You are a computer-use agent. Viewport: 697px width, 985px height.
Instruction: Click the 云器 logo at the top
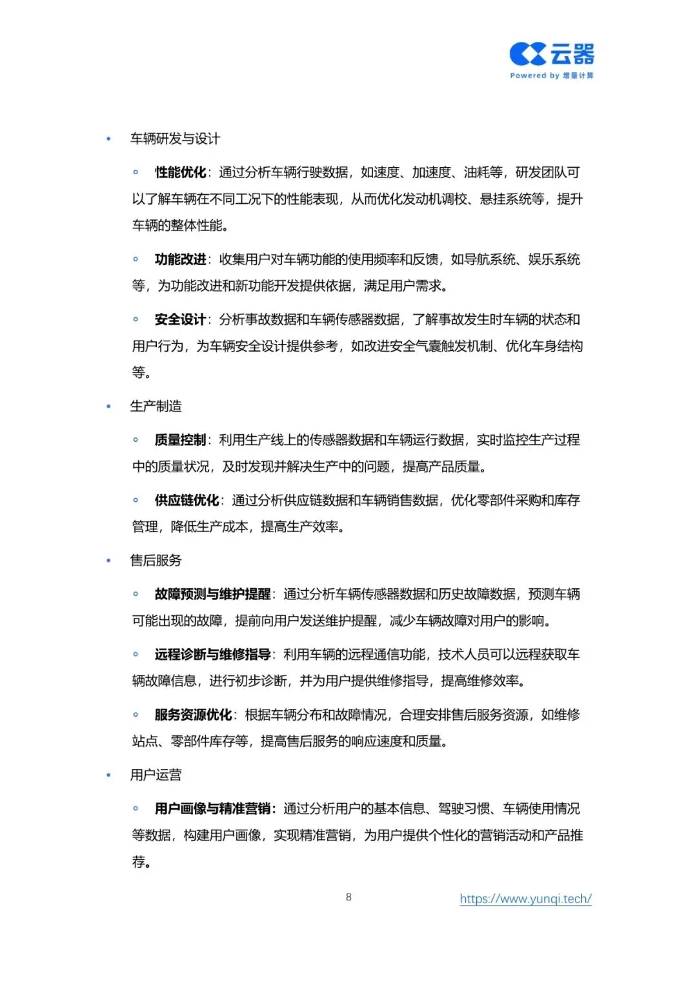pos(552,54)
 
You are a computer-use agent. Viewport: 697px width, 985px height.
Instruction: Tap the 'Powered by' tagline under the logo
pos(552,75)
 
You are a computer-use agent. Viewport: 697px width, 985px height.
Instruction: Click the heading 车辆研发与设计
pos(175,139)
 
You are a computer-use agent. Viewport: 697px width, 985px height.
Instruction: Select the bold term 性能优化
pos(180,172)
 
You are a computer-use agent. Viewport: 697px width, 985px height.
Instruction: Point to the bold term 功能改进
pos(180,259)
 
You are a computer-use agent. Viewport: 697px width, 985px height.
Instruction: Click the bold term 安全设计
pos(180,319)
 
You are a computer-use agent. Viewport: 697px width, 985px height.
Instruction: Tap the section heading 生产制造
pos(156,406)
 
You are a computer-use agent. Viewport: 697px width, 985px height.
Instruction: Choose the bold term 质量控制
pos(180,440)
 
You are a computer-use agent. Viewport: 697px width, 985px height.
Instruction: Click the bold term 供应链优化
pos(187,500)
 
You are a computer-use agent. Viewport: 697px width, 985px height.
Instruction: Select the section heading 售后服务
pos(156,560)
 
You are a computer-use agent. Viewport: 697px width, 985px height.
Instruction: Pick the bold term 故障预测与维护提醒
pos(212,594)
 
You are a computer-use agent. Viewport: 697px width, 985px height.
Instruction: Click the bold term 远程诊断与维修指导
pos(212,654)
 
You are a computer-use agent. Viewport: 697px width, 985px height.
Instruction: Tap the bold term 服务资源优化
pos(193,715)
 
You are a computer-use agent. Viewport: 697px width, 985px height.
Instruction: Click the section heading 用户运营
pos(156,775)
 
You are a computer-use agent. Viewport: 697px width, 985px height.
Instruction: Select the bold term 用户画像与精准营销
pos(212,809)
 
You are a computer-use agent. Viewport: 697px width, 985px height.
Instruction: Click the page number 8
pos(348,897)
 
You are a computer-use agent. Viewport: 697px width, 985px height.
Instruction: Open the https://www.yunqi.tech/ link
pos(525,899)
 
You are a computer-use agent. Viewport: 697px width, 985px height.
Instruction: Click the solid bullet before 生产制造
pos(108,406)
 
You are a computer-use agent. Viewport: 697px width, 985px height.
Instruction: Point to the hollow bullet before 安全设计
pos(136,319)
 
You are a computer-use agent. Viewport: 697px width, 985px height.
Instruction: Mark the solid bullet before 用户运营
pos(108,775)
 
